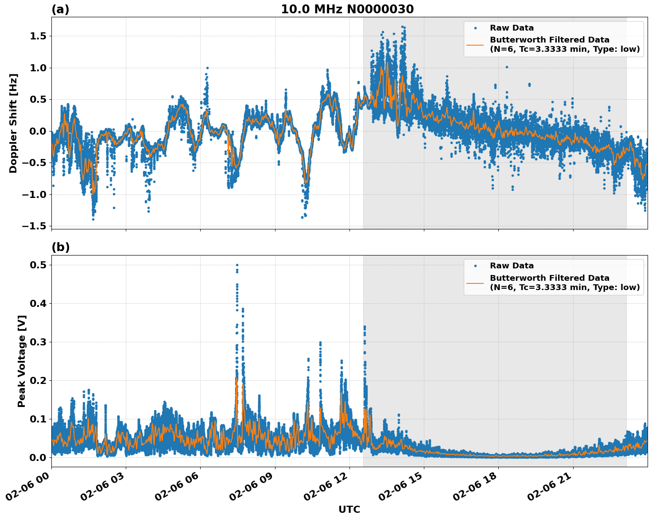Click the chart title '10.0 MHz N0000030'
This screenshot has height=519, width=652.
click(347, 9)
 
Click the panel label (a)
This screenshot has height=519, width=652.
click(60, 9)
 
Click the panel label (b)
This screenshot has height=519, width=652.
click(60, 247)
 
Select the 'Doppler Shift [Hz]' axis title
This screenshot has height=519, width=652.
click(13, 123)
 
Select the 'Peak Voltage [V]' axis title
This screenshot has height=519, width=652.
click(22, 361)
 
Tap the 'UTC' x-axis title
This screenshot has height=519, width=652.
click(349, 509)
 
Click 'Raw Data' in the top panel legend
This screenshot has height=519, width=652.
click(512, 28)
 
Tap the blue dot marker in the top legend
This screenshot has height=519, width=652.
click(475, 28)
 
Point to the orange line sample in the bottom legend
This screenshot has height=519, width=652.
click(475, 283)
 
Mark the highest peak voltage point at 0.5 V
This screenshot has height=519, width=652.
click(237, 265)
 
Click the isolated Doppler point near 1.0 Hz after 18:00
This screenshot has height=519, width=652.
click(507, 67)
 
